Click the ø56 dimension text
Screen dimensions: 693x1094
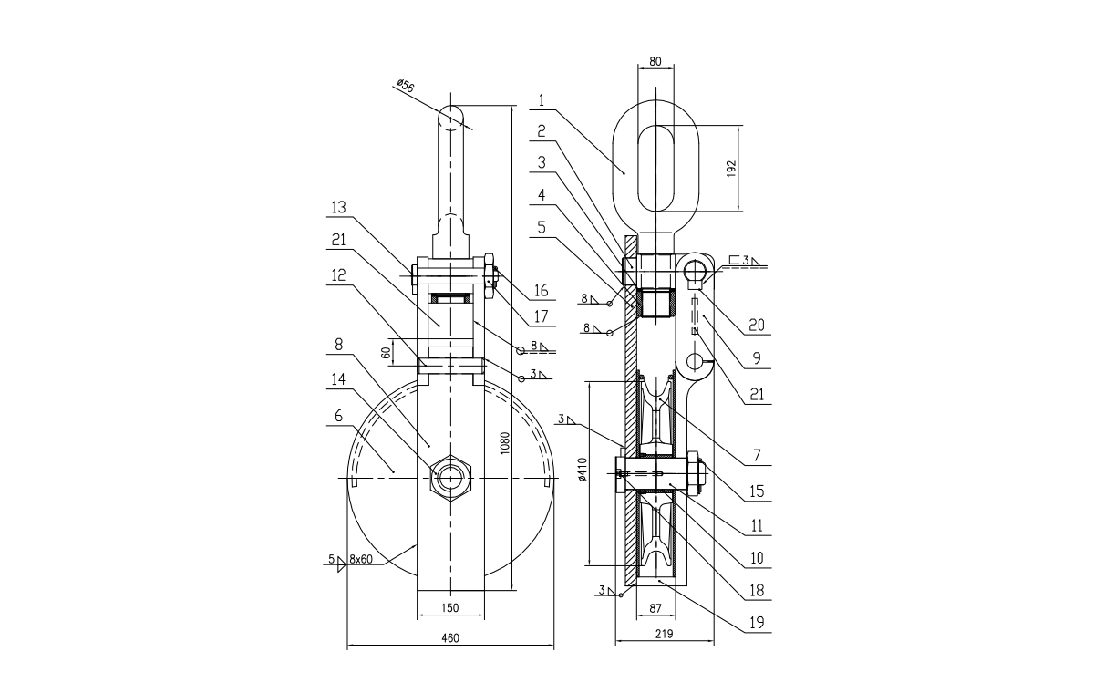[x=405, y=86]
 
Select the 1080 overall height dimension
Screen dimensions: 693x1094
[x=505, y=444]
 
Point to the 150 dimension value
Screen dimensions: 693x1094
[x=449, y=607]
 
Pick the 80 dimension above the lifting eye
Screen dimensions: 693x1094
[x=654, y=62]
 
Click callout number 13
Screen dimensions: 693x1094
[x=338, y=208]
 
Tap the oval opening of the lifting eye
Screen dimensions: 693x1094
[x=655, y=168]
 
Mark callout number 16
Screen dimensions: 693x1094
[x=541, y=291]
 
